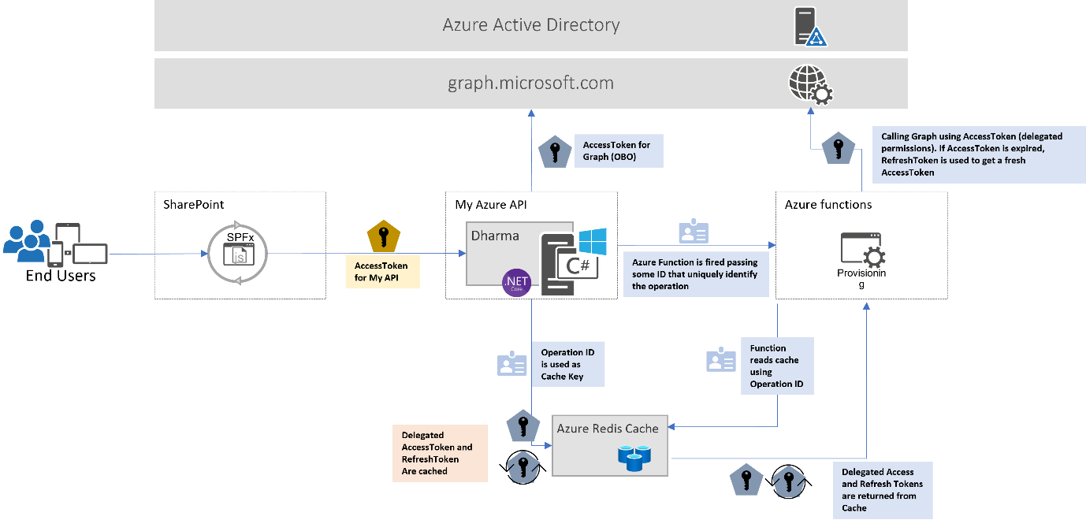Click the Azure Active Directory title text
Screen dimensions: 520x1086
[530, 24]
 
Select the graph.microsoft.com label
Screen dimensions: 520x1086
[530, 82]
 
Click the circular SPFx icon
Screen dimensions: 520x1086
[238, 254]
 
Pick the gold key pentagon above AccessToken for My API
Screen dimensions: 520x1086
[385, 236]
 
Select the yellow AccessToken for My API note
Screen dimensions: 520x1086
[382, 272]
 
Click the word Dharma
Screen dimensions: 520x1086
[495, 235]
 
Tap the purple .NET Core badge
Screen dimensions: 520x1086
[517, 281]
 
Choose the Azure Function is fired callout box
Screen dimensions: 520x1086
[696, 273]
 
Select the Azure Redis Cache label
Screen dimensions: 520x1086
[607, 429]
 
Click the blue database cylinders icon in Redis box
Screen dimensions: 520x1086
[633, 457]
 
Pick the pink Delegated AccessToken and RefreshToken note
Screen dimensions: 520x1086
[439, 453]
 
